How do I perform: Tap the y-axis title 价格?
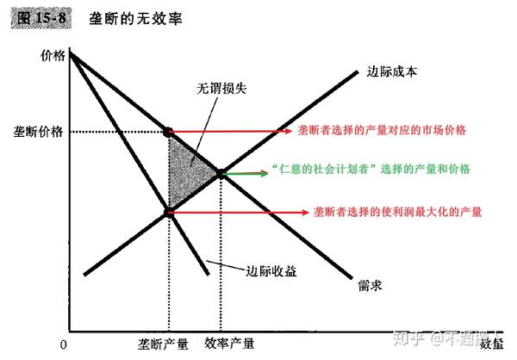(x=53, y=57)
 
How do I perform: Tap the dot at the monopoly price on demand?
(x=168, y=132)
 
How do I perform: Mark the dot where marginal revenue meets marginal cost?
(x=168, y=211)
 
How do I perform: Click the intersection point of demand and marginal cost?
(x=220, y=173)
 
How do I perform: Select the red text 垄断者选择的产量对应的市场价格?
(x=375, y=130)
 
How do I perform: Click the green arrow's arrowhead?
(x=264, y=173)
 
